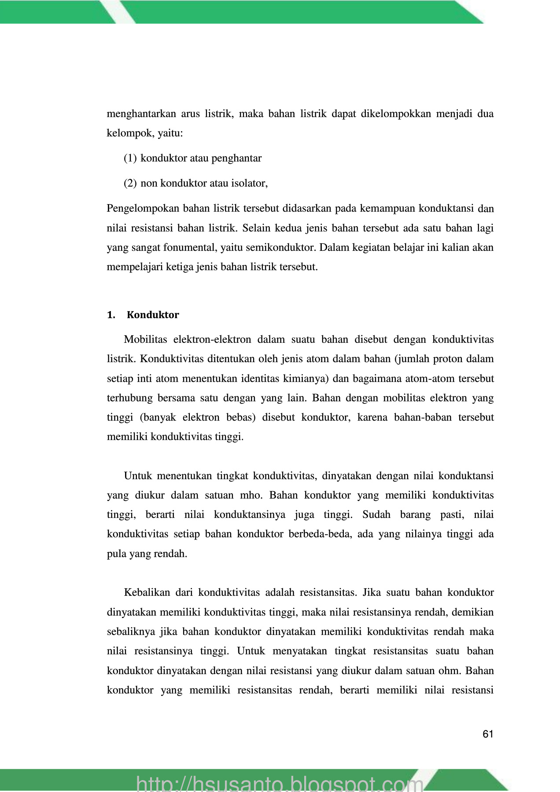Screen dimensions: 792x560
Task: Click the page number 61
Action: pos(488,734)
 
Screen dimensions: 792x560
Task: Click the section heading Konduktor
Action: pos(153,315)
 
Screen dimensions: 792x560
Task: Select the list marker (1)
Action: pos(130,158)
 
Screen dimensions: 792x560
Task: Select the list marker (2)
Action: pos(130,183)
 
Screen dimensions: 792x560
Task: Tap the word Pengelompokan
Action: pos(142,209)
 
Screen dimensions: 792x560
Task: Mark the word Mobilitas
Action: pos(145,340)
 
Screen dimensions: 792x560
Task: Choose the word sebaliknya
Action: pos(131,632)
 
